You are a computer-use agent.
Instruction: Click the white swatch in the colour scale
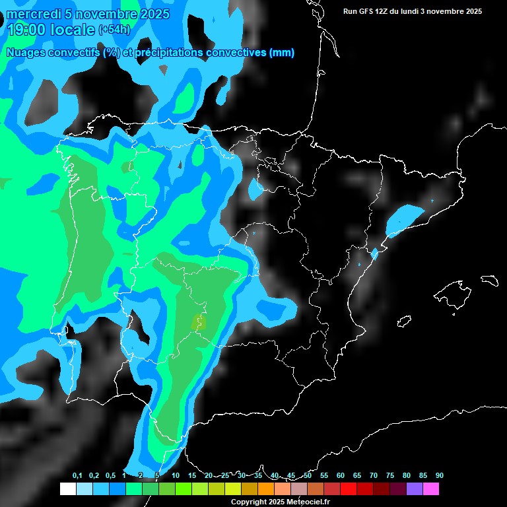click(67, 489)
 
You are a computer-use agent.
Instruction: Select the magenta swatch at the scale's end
click(430, 489)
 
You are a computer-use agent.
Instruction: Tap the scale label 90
click(439, 475)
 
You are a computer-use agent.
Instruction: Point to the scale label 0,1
click(77, 475)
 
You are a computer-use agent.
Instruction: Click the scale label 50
click(308, 475)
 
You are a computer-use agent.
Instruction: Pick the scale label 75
click(389, 475)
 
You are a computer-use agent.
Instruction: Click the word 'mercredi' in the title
click(33, 14)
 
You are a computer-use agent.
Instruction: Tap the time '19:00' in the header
click(27, 30)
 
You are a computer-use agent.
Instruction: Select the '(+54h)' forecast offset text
click(114, 30)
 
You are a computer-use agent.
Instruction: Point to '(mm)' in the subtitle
click(282, 53)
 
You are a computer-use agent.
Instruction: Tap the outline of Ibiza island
click(404, 321)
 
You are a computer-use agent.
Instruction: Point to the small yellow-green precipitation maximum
click(199, 322)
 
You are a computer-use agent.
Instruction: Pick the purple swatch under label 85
click(414, 489)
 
